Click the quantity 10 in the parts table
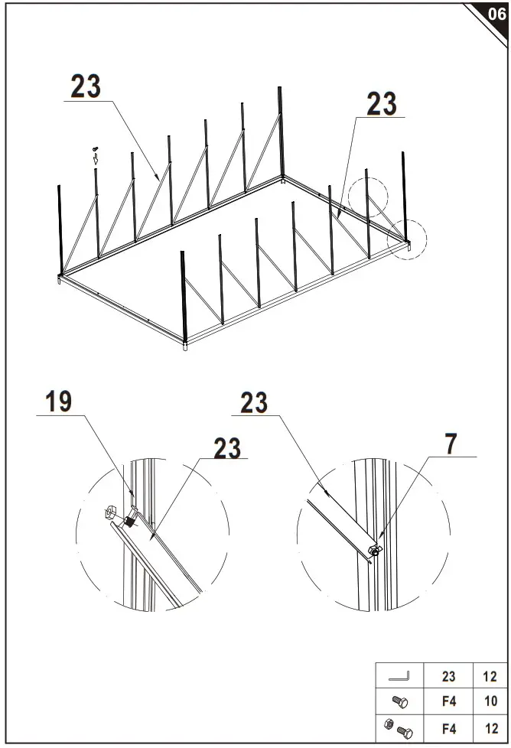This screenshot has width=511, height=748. (490, 701)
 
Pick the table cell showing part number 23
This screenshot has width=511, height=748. (449, 676)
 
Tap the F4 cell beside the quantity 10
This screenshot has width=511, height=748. (449, 701)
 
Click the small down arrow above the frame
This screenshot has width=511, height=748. (96, 159)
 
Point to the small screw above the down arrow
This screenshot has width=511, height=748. (95, 148)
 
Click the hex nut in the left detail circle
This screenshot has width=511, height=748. (110, 511)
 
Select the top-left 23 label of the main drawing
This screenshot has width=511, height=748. (86, 86)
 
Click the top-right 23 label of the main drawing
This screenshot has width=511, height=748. (381, 104)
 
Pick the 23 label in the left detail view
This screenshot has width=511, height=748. (226, 448)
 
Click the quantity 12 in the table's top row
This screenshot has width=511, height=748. (490, 676)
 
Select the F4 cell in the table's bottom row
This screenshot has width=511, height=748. (449, 727)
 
